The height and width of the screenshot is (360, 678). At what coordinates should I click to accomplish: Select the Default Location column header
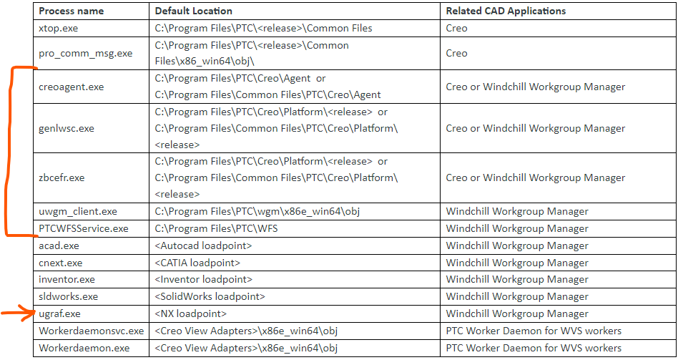click(193, 11)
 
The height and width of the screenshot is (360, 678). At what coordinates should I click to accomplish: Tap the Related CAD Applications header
click(505, 11)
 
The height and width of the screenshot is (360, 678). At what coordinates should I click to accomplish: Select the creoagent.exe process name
click(71, 87)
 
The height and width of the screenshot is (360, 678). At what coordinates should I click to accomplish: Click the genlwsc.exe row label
click(67, 128)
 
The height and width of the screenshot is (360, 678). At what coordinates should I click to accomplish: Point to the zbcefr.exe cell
click(62, 177)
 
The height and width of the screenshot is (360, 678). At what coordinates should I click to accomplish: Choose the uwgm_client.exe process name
click(77, 211)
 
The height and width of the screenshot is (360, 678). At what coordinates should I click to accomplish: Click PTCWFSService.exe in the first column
click(83, 228)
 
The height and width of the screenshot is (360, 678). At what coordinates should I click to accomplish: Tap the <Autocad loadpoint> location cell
click(203, 245)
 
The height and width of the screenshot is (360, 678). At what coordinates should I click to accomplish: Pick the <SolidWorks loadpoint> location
click(210, 296)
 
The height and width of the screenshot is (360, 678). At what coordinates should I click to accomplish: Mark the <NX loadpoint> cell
click(190, 313)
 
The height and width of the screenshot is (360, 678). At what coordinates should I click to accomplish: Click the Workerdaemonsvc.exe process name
click(91, 331)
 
